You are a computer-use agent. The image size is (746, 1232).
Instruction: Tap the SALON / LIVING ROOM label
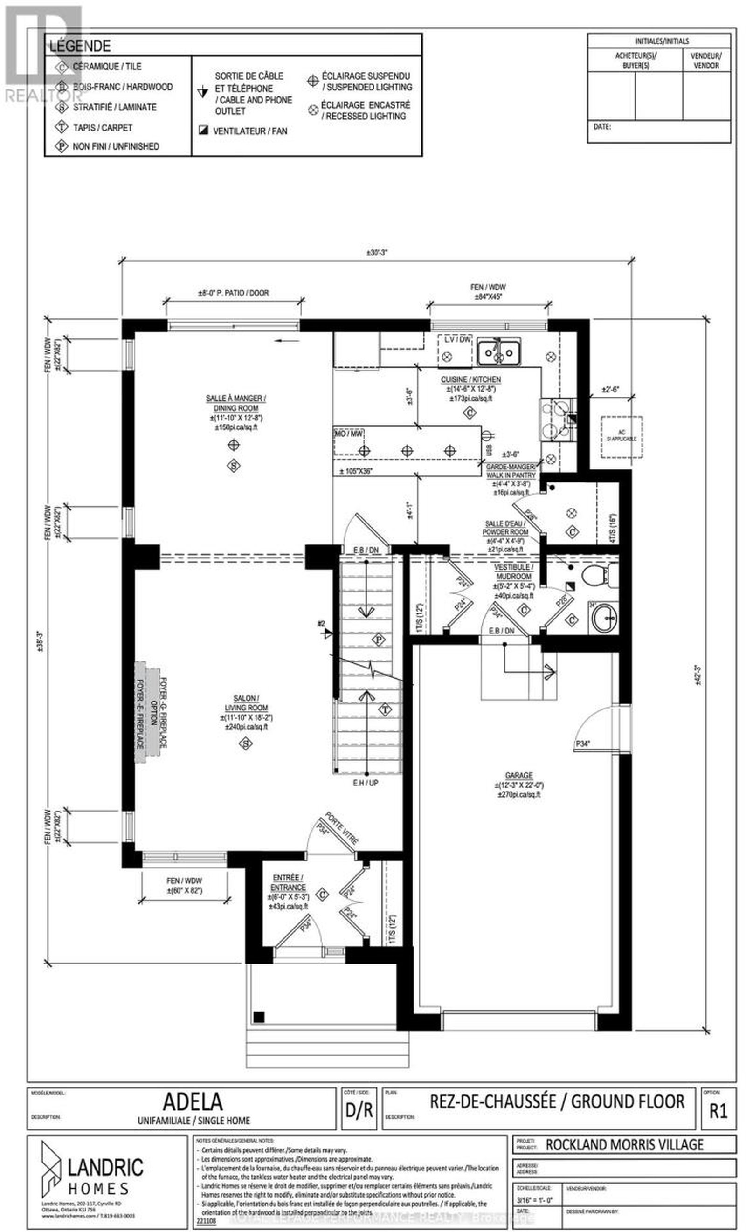[246, 702]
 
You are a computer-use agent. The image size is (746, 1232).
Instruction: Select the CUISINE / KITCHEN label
[470, 379]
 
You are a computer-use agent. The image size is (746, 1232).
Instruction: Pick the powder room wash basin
[604, 619]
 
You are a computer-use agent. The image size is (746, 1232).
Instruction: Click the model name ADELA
[193, 1101]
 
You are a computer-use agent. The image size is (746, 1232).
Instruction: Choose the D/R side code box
[359, 1109]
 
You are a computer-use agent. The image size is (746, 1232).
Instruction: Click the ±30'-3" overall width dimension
[377, 253]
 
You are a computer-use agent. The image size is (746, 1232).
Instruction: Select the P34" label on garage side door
[582, 743]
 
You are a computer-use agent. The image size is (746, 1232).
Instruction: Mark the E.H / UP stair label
[365, 783]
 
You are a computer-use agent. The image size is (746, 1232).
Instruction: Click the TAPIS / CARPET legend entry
[103, 128]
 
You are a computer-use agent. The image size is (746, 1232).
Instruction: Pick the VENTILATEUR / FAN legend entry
[249, 131]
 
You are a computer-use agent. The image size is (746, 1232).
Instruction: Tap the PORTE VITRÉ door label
[341, 828]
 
